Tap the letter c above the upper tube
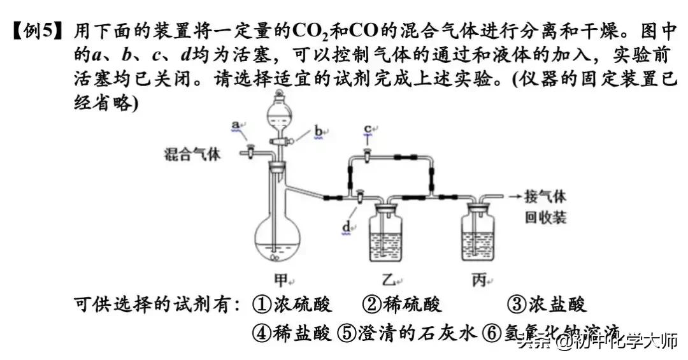tap(368, 129)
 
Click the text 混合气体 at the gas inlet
tap(192, 154)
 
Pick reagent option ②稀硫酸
tap(402, 305)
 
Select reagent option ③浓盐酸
tap(547, 305)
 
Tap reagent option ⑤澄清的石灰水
tap(408, 333)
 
